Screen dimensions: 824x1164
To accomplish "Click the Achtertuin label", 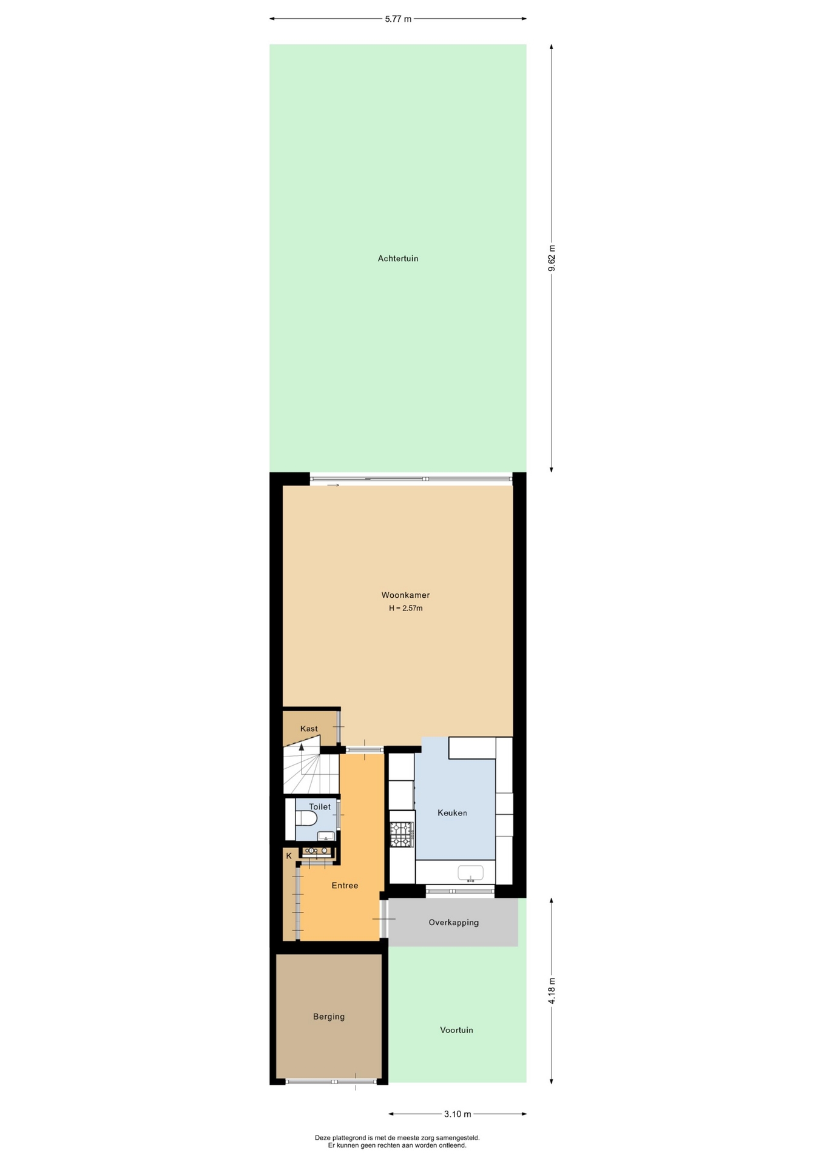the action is (x=398, y=258).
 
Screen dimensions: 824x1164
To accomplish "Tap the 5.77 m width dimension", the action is (x=398, y=19).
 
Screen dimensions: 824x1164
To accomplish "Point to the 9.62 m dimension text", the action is (x=552, y=259).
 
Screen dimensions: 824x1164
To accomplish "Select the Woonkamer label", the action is (x=405, y=595).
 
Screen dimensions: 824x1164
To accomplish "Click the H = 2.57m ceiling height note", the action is (x=406, y=608).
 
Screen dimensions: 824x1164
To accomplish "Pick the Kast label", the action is (x=309, y=729).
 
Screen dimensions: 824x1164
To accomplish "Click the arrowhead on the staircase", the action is (x=302, y=747).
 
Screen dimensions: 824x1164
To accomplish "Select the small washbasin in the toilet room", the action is (x=326, y=836).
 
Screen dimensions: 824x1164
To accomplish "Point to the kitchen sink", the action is (x=470, y=873).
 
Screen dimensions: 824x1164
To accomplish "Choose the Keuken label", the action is (x=453, y=813).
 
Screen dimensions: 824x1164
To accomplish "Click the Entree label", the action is (x=345, y=886).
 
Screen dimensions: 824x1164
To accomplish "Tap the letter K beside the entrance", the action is (x=289, y=856).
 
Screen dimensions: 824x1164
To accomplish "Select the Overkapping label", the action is (x=454, y=923).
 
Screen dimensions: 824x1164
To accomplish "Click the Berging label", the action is (x=329, y=1017).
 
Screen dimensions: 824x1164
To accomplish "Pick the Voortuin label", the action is (x=457, y=1030).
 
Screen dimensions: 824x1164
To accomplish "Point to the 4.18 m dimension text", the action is (x=552, y=991).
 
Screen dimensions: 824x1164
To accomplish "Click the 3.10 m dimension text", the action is (x=458, y=1114).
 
